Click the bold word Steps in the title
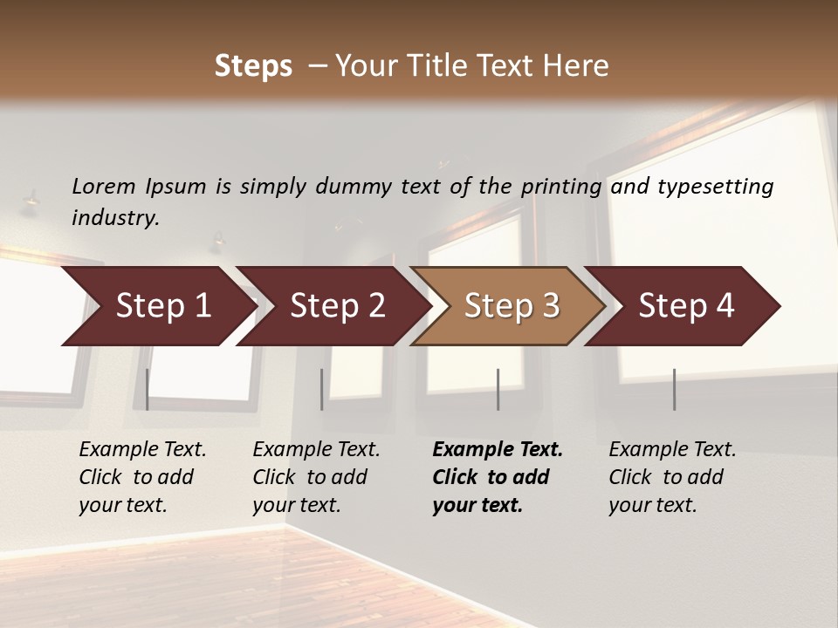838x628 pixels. click(x=253, y=66)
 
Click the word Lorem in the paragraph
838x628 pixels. click(x=104, y=186)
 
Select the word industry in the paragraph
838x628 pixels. click(x=113, y=218)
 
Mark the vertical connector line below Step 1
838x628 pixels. click(x=148, y=389)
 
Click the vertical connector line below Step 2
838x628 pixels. click(x=322, y=389)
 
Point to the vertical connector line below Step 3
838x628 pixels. click(x=498, y=389)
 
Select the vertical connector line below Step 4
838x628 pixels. click(x=674, y=389)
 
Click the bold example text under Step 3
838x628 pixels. click(x=497, y=477)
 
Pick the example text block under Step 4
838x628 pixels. click(x=671, y=477)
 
